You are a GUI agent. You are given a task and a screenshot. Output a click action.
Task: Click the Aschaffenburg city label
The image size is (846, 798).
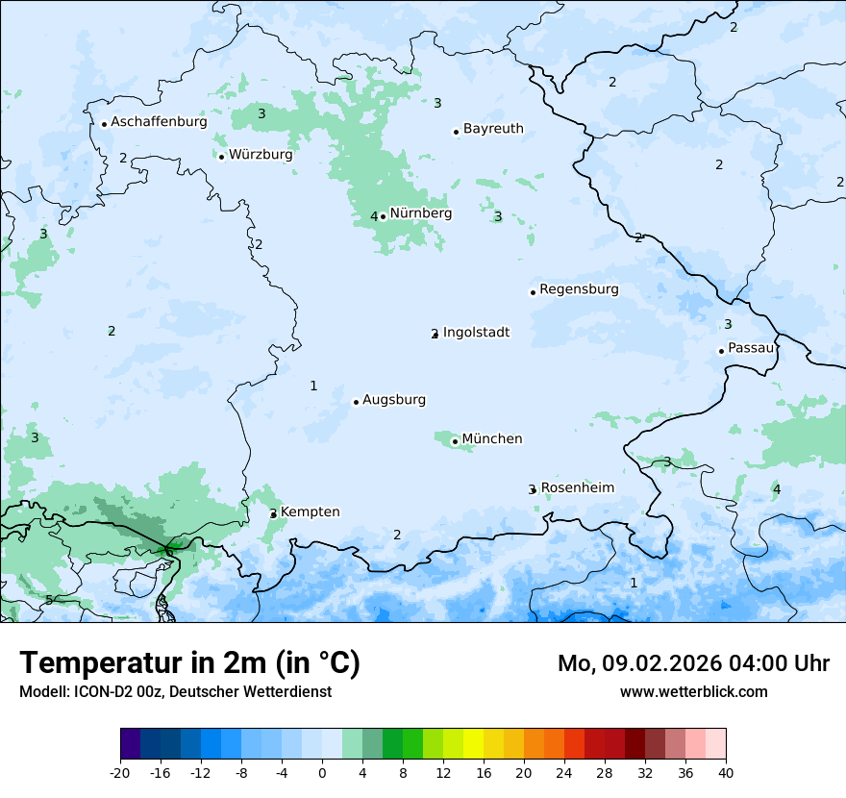coord(159,122)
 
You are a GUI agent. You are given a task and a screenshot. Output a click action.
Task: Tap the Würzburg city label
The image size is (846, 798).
coord(261,155)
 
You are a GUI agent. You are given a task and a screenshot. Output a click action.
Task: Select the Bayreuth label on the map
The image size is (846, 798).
coord(493,129)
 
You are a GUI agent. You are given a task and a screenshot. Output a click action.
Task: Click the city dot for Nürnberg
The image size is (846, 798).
coord(383,216)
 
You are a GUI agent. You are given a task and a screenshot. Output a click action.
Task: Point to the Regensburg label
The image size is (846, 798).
coord(579,289)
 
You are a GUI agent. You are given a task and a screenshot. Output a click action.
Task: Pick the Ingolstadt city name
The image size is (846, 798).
coord(476,333)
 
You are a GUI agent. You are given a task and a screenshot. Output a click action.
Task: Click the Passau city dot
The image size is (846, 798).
coord(721,351)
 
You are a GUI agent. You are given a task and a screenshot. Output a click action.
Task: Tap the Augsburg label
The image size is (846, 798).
coord(394,400)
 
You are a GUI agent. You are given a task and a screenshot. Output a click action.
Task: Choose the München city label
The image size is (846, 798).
coord(492,439)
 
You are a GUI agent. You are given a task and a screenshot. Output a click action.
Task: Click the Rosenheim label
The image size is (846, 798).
coord(577,488)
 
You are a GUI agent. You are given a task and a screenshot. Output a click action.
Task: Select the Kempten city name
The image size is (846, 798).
coord(310,512)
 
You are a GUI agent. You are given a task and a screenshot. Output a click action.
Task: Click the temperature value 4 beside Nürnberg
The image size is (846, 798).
coord(374,216)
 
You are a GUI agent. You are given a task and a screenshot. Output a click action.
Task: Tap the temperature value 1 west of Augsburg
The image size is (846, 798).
coord(313,386)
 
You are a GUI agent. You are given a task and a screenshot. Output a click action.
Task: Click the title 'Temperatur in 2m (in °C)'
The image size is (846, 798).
coord(189,663)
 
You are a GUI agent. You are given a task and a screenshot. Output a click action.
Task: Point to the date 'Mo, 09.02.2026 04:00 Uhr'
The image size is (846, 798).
coord(693,663)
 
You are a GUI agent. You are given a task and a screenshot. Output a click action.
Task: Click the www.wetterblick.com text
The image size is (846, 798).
coord(693,691)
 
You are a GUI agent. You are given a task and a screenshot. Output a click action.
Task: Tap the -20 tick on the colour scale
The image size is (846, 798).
coord(120,773)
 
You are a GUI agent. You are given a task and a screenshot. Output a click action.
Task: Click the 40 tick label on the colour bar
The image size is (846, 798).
coord(725,773)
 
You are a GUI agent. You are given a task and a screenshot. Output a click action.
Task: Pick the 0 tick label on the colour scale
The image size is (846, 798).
coord(322,773)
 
